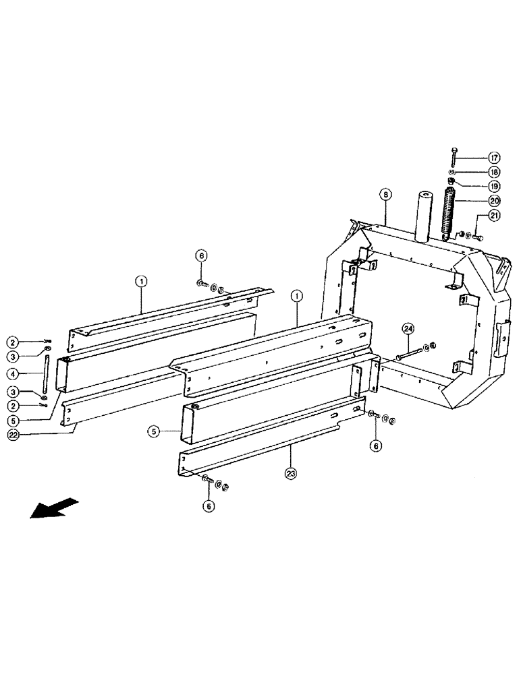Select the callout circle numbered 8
point(384,195)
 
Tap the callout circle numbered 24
point(407,330)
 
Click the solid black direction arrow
point(54,508)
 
